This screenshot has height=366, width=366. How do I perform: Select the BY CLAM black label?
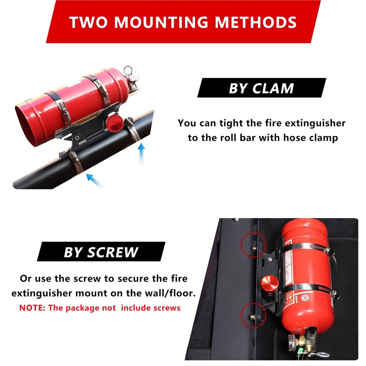[x=261, y=88]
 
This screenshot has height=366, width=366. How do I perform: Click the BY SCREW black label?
[x=101, y=252]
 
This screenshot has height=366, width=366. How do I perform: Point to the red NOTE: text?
[x=33, y=307]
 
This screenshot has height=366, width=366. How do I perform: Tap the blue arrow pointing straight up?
[x=142, y=153]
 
